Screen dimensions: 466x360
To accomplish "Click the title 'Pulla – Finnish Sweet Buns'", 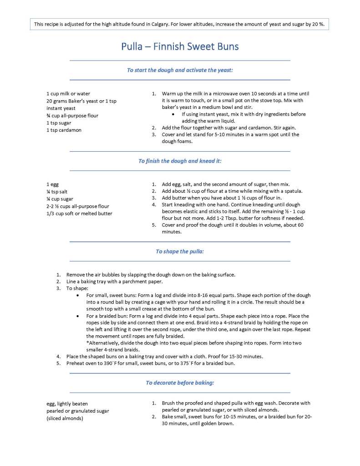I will pos(180,46).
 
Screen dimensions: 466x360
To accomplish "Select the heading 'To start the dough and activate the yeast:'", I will pos(180,70).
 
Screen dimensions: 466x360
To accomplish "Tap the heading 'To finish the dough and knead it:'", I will pos(180,161).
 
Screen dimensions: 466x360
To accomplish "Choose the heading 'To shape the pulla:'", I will pos(180,251).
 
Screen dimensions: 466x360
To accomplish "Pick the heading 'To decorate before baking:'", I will pos(180,383).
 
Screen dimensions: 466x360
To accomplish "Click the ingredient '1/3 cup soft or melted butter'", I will pos(79,213).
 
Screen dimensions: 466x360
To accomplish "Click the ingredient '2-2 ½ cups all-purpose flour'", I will pos(78,206).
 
